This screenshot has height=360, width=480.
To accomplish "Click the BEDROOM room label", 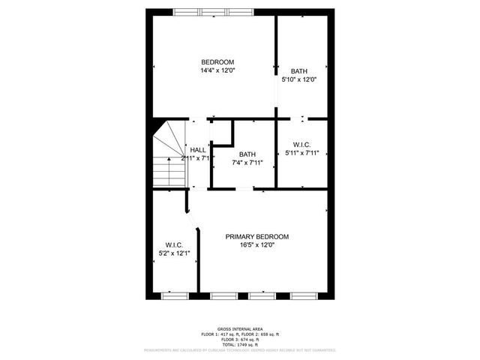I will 217,61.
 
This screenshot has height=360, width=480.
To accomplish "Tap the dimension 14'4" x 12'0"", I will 217,70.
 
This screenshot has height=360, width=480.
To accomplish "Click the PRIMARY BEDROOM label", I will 257,236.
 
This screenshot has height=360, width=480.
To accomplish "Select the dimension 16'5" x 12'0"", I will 257,245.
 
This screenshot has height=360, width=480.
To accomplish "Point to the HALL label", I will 198,150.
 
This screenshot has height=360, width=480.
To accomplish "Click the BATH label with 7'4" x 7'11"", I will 247,154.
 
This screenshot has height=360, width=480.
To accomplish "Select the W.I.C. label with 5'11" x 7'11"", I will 302,144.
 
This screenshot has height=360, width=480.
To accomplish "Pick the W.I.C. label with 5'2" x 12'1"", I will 174,244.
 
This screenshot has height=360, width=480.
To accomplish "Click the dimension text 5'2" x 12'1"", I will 174,253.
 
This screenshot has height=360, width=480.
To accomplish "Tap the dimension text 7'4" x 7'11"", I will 247,163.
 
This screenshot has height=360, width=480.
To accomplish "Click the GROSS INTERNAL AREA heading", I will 239,328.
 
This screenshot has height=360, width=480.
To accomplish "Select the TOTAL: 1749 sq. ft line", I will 239,343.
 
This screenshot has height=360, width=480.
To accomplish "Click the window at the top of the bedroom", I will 214,11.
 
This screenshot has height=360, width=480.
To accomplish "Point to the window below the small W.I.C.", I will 172,295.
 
